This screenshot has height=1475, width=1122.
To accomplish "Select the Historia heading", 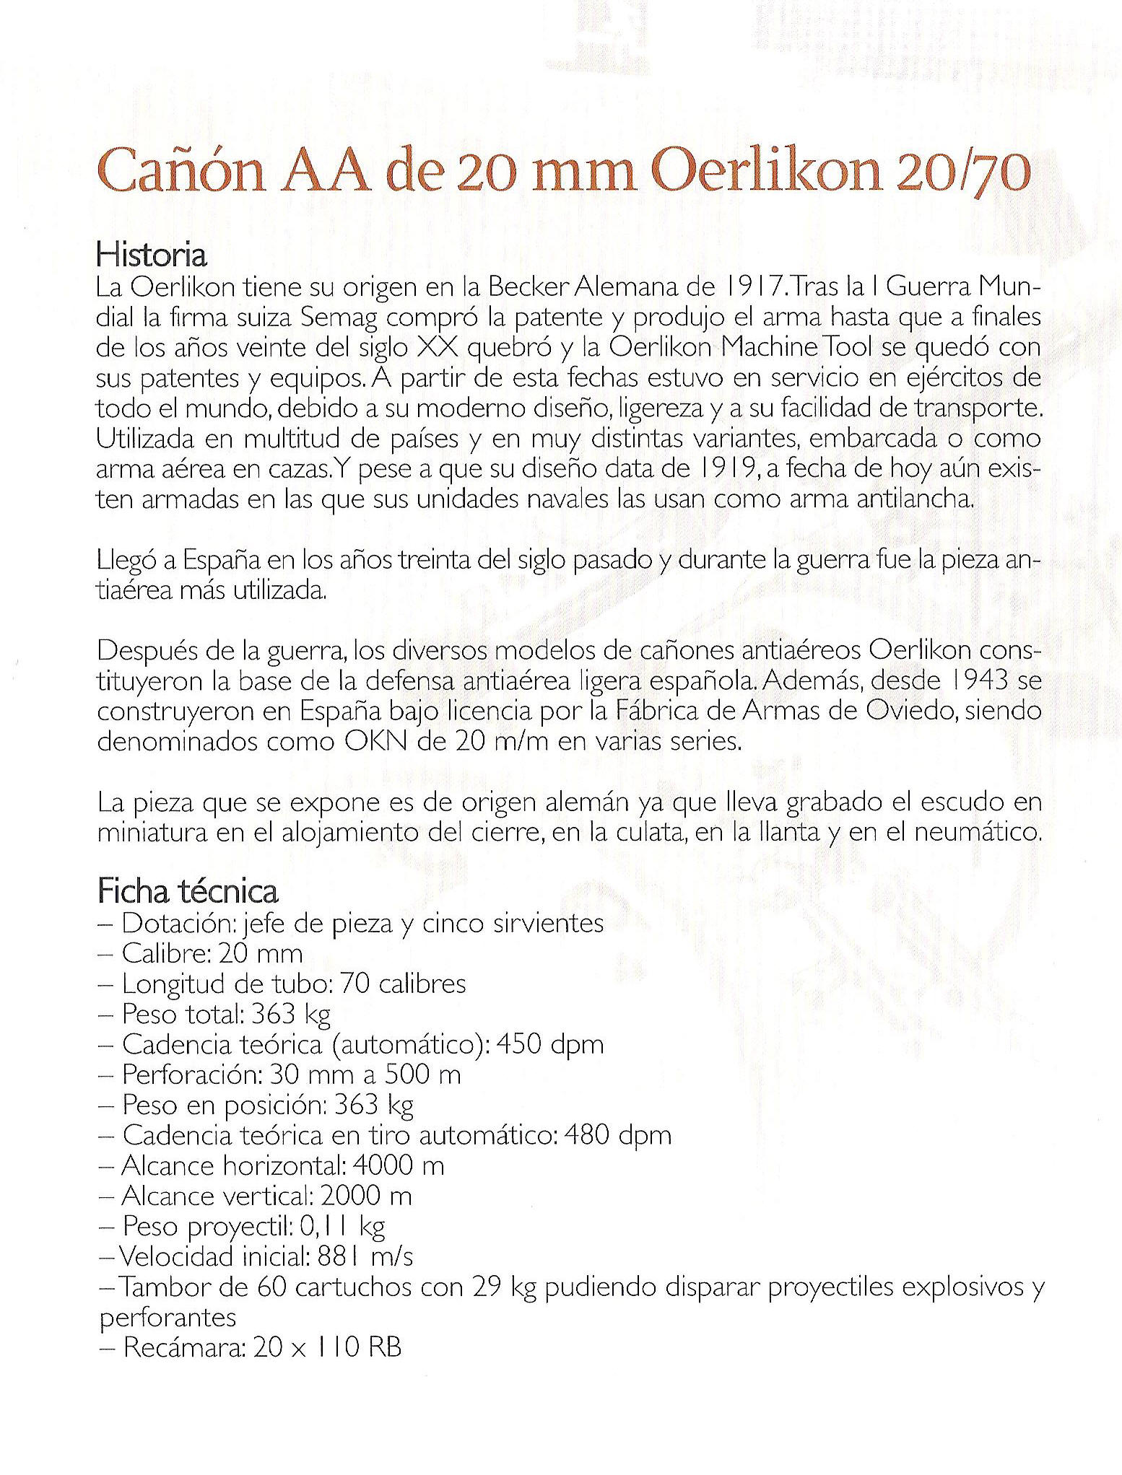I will click(152, 255).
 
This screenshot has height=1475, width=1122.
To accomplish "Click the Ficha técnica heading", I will click(188, 892).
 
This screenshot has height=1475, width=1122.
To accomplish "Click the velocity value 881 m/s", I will click(365, 1256).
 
